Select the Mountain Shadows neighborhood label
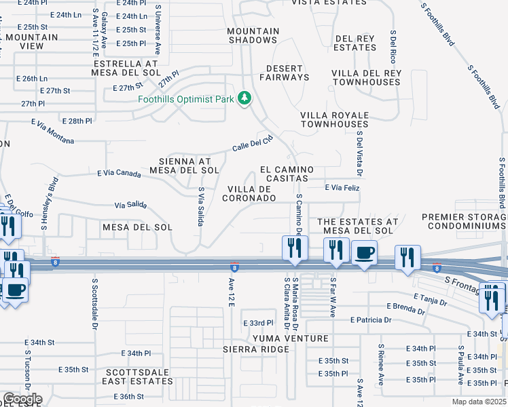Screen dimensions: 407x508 (x=253, y=36)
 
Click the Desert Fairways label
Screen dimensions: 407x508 (x=288, y=73)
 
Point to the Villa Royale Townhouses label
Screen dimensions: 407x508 (x=334, y=119)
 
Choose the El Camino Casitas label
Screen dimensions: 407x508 (x=287, y=174)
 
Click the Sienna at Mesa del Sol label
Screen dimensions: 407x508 (x=189, y=166)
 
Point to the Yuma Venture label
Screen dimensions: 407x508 (x=290, y=338)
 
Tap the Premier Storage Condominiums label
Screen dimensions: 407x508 (x=465, y=222)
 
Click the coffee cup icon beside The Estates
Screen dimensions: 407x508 (x=363, y=253)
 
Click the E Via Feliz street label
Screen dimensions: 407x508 (x=342, y=187)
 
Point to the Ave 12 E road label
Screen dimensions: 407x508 (x=231, y=290)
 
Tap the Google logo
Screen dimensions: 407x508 (x=22, y=399)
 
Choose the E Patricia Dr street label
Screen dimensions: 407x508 (x=371, y=319)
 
